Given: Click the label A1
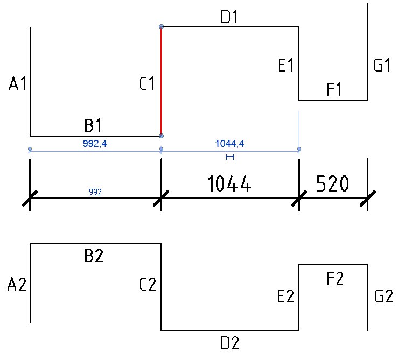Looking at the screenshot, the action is point(17,83).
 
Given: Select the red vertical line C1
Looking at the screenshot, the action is point(161,81).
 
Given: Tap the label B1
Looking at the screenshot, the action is point(93,125).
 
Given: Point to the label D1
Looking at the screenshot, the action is point(229,17).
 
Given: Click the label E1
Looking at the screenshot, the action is point(285,65).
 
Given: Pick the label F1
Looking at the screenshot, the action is point(334,89).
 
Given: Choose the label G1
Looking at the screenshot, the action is point(381,65).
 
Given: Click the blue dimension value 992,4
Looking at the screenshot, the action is point(95,144).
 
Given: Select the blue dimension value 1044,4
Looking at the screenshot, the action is point(230,144).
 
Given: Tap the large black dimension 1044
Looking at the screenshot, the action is point(229,183).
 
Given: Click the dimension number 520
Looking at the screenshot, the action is point(332,183).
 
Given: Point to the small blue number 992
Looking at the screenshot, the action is point(95,192).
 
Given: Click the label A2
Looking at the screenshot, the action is point(17,284).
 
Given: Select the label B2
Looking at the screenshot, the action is point(94,256).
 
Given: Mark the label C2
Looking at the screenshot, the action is point(148,284).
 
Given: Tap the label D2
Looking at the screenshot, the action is point(230,343).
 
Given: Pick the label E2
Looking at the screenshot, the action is point(285,296).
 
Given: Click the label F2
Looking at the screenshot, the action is point(335,278).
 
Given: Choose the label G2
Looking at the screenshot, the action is point(383,296).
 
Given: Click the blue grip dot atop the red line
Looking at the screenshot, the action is point(161,27).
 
